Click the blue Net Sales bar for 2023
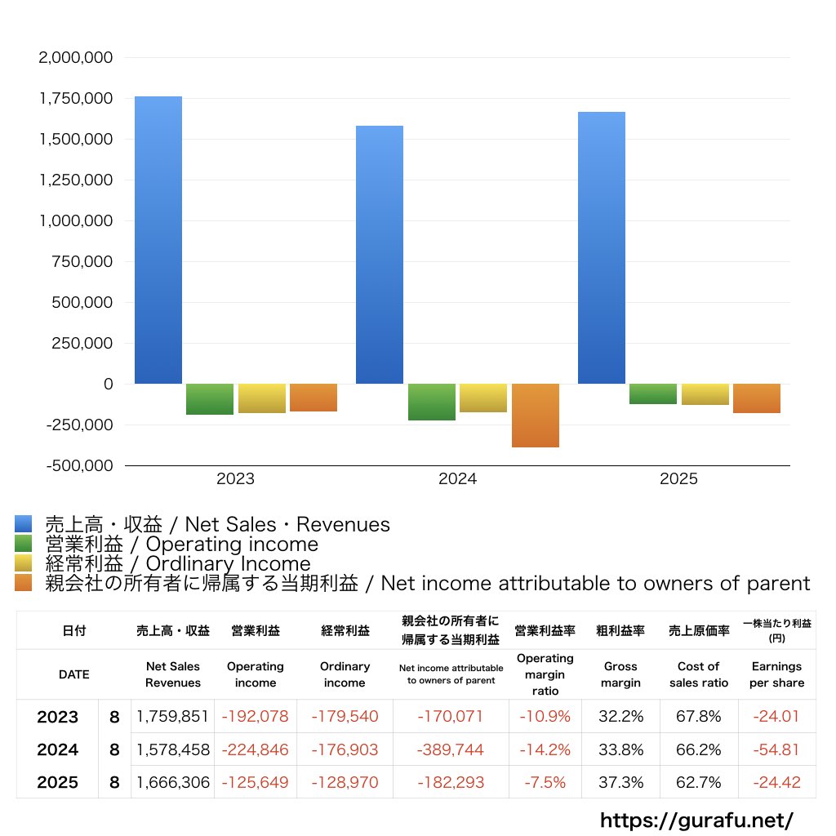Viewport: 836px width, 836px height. [158, 240]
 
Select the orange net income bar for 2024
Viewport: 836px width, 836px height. [536, 416]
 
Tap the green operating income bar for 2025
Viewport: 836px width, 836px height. [652, 394]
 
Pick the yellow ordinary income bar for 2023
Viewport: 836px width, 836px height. [261, 398]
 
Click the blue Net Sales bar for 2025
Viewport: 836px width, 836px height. [602, 247]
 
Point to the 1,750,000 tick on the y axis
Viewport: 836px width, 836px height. [76, 99]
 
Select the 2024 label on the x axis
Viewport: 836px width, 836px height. [457, 479]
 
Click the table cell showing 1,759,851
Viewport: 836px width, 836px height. [173, 717]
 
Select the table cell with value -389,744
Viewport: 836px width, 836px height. [451, 749]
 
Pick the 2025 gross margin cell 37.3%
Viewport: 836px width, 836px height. [620, 782]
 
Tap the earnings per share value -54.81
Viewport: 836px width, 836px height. [776, 749]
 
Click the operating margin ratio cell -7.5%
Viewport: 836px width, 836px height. [545, 782]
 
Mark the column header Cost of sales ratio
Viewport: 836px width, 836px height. [698, 674]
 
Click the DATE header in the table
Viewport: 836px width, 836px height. [74, 674]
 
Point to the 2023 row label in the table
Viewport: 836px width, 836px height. [58, 717]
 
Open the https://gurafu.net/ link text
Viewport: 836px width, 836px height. [696, 819]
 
